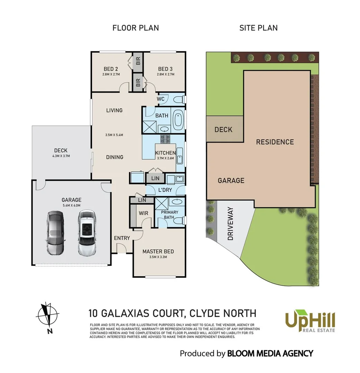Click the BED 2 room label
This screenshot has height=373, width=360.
[111, 69]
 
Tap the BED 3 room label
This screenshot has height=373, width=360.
[165, 69]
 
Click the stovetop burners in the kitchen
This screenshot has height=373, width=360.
[165, 140]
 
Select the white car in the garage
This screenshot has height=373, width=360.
[87, 233]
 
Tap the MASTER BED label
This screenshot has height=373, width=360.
[158, 251]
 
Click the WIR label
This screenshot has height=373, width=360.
[144, 213]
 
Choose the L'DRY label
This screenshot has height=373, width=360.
[165, 190]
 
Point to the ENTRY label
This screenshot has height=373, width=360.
[122, 238]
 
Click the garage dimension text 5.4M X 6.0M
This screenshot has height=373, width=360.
[72, 205]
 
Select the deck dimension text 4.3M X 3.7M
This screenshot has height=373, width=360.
[61, 156]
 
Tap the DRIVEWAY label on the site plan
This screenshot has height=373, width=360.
[230, 223]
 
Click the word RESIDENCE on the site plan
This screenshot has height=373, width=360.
[275, 142]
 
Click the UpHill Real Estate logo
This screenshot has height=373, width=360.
[310, 321]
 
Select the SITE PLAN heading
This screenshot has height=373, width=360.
[259, 28]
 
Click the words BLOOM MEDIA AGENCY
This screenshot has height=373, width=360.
[270, 354]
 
